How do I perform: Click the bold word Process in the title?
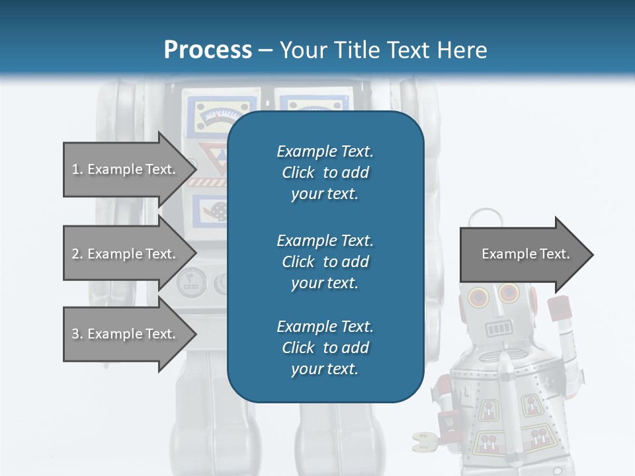point(208,50)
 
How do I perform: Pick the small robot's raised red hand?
point(560,309)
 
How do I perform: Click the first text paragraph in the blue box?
point(325,173)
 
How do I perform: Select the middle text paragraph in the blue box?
point(325,262)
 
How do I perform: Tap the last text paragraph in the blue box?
point(325,348)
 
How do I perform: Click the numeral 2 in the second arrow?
point(75,254)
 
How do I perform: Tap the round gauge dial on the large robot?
point(189,283)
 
